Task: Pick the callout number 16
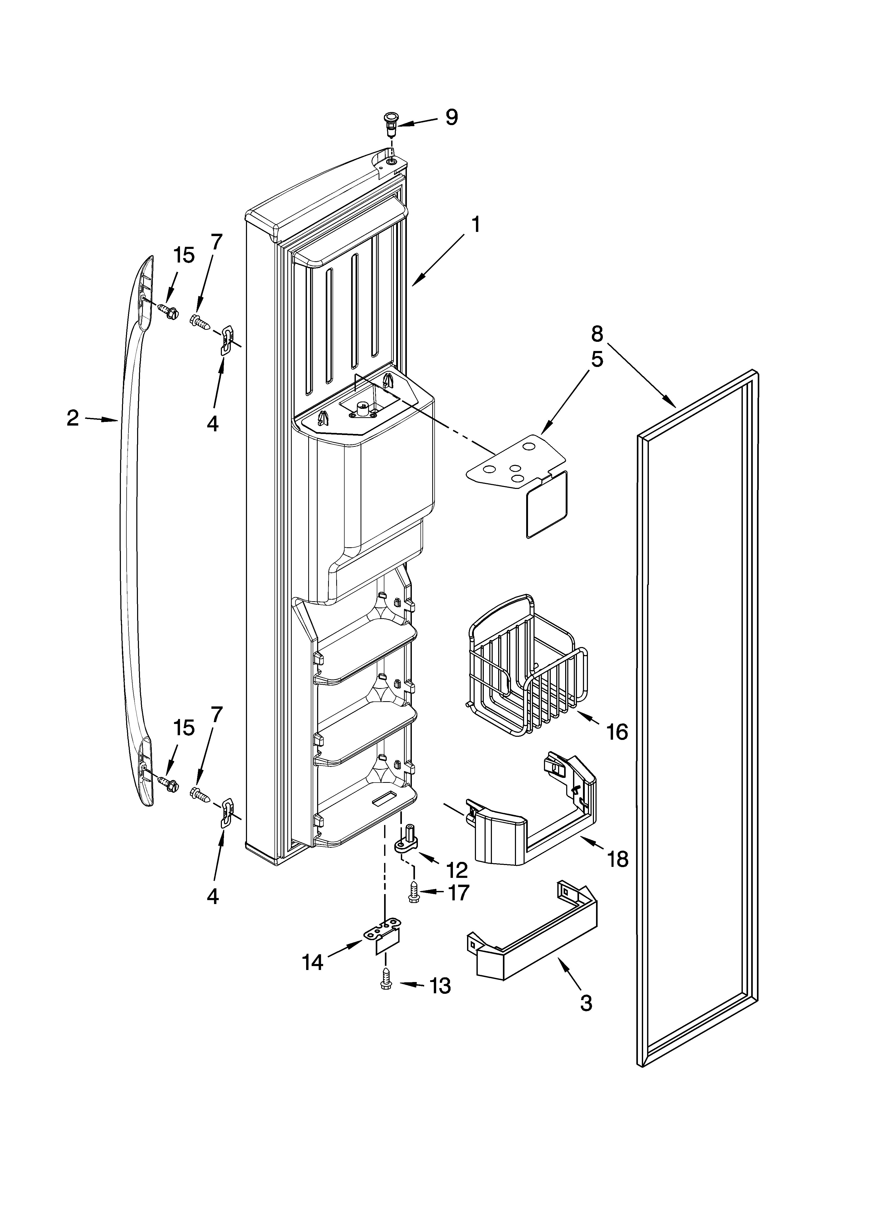point(617,733)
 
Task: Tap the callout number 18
point(618,860)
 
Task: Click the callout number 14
point(313,962)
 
